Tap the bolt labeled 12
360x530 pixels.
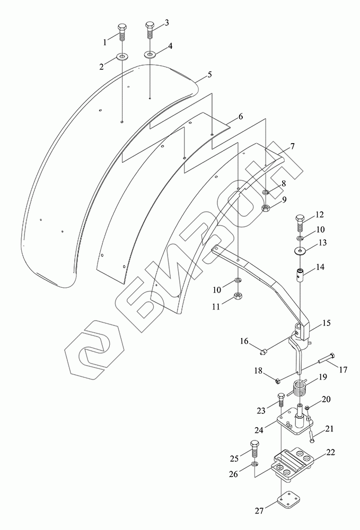click(300, 221)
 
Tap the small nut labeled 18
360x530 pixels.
click(277, 380)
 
